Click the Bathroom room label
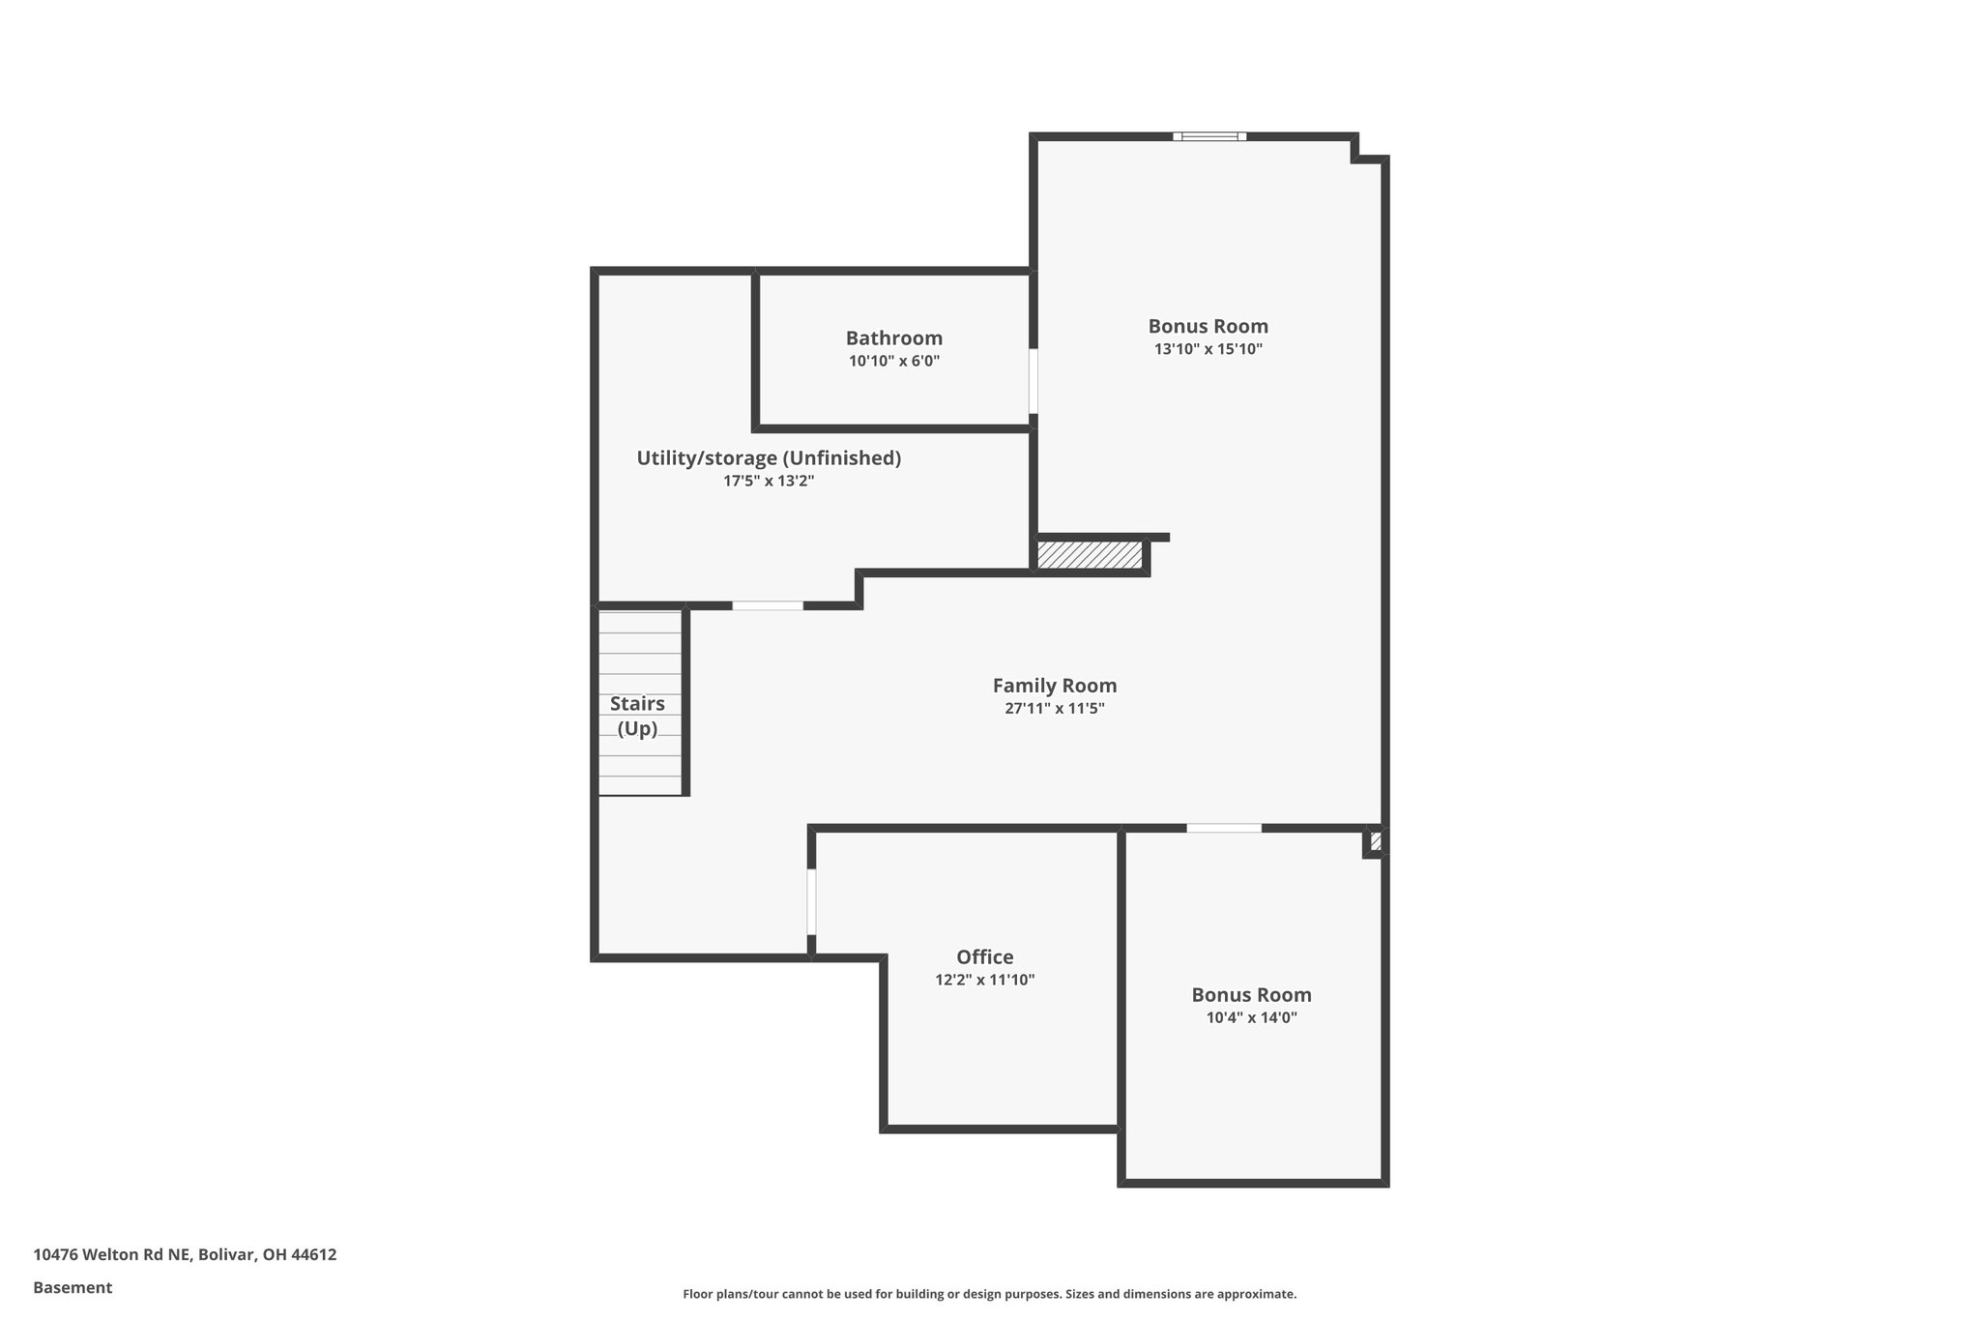(x=893, y=338)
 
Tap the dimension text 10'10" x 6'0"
(x=893, y=362)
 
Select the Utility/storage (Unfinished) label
(x=769, y=458)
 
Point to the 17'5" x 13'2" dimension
(x=769, y=481)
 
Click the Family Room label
(x=1054, y=686)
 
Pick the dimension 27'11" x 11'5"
(x=1054, y=709)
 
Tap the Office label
(x=984, y=957)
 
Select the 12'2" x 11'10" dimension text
(x=984, y=980)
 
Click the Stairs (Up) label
(x=637, y=717)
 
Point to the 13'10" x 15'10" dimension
(x=1208, y=349)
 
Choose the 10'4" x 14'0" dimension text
(x=1251, y=1017)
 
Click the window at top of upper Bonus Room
(x=1209, y=136)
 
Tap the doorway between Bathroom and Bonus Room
(x=1034, y=381)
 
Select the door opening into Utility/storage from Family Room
(x=767, y=605)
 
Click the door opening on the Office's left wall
(x=811, y=901)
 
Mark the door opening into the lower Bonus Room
(x=1223, y=828)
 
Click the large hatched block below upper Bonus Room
(x=1090, y=555)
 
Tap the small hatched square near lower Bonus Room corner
(x=1376, y=841)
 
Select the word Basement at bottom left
(x=73, y=1287)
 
